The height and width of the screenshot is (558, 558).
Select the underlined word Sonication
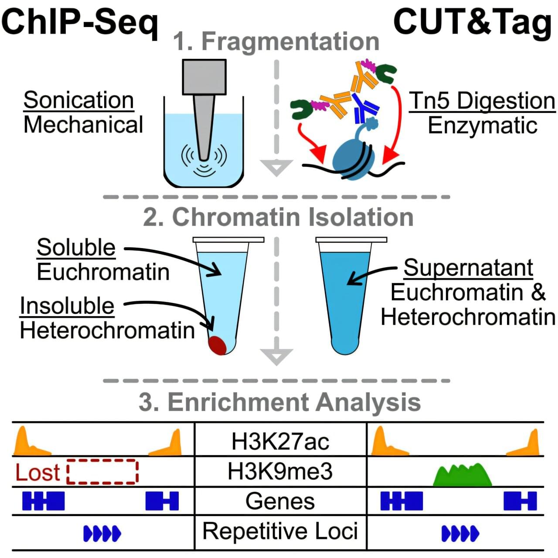[78, 100]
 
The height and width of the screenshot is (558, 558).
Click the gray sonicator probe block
[204, 77]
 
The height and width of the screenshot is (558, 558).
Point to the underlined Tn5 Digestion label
[482, 101]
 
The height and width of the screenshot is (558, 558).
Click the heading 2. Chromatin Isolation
[278, 217]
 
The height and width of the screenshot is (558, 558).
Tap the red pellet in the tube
[218, 345]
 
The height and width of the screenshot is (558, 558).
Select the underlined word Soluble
[76, 247]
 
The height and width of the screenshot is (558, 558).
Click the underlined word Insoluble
[67, 306]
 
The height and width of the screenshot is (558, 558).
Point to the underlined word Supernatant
[468, 267]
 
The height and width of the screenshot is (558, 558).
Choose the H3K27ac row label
[280, 442]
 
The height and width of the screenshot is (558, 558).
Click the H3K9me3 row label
[280, 471]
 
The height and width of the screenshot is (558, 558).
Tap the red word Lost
[37, 472]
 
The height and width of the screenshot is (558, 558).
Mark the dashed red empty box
[103, 471]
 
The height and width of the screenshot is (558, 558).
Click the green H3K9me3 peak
[463, 476]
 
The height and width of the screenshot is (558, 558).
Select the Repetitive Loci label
[280, 531]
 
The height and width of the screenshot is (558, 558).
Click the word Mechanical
[83, 124]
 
